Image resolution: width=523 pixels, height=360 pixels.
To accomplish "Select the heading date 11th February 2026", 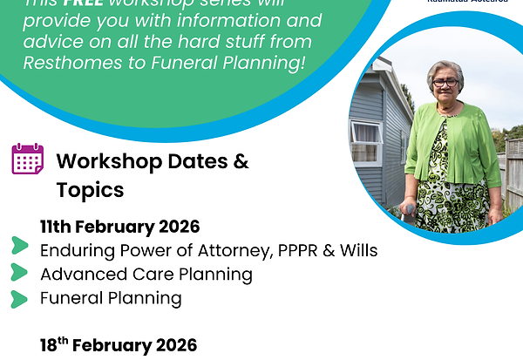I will [x=119, y=228].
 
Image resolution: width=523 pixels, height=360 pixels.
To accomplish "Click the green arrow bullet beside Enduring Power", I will [x=19, y=247].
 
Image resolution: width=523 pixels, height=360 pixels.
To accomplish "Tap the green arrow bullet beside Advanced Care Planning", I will [x=19, y=272].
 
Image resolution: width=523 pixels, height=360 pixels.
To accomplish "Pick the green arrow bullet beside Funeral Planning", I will [x=19, y=298].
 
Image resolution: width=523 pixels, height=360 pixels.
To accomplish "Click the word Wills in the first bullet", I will [x=357, y=251].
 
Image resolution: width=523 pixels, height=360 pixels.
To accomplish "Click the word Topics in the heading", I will [x=90, y=189].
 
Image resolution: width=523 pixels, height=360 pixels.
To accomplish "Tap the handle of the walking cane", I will [x=408, y=209].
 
